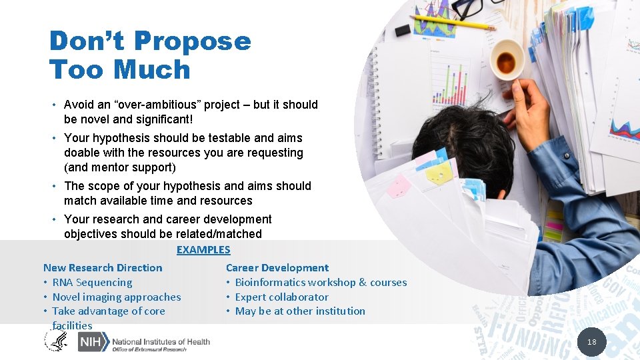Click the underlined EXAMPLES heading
coord(203,250)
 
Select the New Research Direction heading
coord(103,268)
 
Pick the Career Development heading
coord(277,268)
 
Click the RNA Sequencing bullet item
coord(92,283)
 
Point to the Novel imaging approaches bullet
coord(117,297)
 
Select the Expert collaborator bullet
coord(281,297)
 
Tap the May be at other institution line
coord(300,311)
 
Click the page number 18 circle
coord(591,342)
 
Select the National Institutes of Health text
coord(161,341)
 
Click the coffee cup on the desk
coord(506,61)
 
